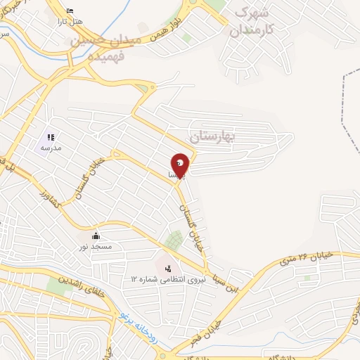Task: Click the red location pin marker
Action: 181,165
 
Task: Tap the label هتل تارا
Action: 73,21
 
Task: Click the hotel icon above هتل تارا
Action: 69,11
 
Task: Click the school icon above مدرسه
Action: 50,137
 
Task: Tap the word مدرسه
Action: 51,148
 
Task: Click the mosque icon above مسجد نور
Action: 96,235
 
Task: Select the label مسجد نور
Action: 96,246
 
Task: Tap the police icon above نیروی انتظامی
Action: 167,268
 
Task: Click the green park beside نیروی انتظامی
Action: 173,241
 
